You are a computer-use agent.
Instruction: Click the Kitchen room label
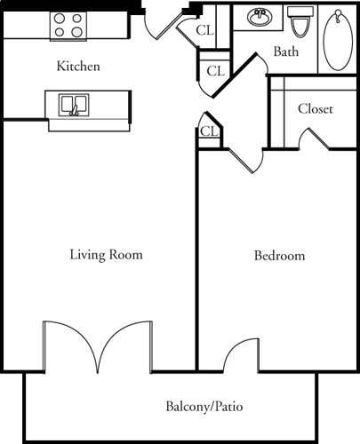78,67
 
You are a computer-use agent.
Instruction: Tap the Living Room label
107,255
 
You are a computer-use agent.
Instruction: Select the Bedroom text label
279,256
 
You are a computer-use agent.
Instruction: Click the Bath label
285,52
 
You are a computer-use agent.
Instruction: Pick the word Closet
316,109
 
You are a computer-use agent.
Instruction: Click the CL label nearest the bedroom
209,131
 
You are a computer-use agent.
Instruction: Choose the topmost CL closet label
204,29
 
